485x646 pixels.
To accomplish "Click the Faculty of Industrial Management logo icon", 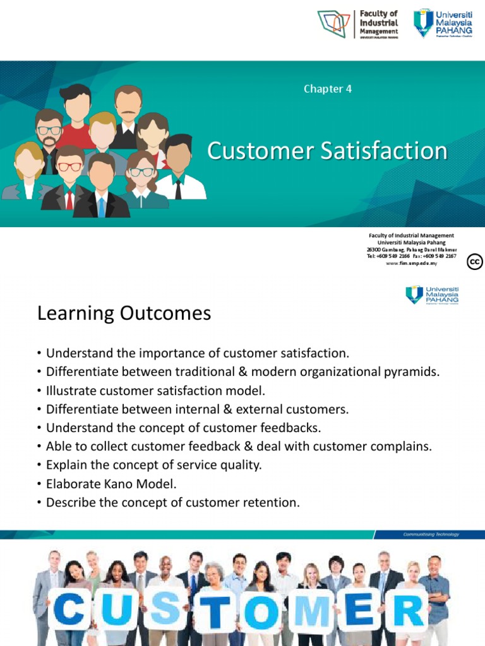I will pos(335,23).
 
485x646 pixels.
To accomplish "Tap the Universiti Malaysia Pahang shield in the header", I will pos(423,23).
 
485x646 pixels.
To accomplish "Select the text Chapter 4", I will pos(327,89).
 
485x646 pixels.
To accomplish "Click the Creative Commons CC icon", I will pos(475,261).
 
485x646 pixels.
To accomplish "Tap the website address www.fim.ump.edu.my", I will pos(411,263).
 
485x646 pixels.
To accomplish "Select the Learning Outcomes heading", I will pos(124,313).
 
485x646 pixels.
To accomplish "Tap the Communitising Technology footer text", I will pos(431,534).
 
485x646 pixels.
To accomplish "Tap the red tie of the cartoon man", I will pos(68,197).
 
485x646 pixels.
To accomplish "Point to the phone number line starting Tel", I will pos(411,256).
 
